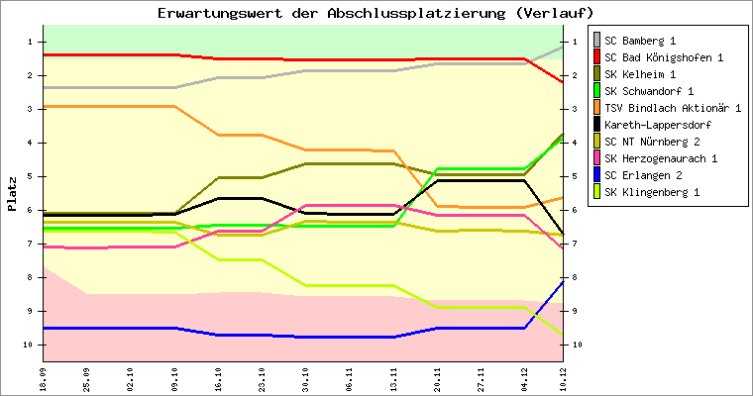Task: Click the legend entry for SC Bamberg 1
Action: point(641,42)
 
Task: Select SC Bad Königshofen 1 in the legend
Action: point(664,58)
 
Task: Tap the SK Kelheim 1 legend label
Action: point(641,75)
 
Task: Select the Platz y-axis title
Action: point(13,194)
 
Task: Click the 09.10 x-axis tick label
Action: point(174,378)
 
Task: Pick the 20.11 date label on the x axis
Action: point(436,378)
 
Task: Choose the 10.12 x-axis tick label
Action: point(564,378)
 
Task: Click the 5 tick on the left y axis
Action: point(33,177)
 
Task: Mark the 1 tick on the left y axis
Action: point(33,42)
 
